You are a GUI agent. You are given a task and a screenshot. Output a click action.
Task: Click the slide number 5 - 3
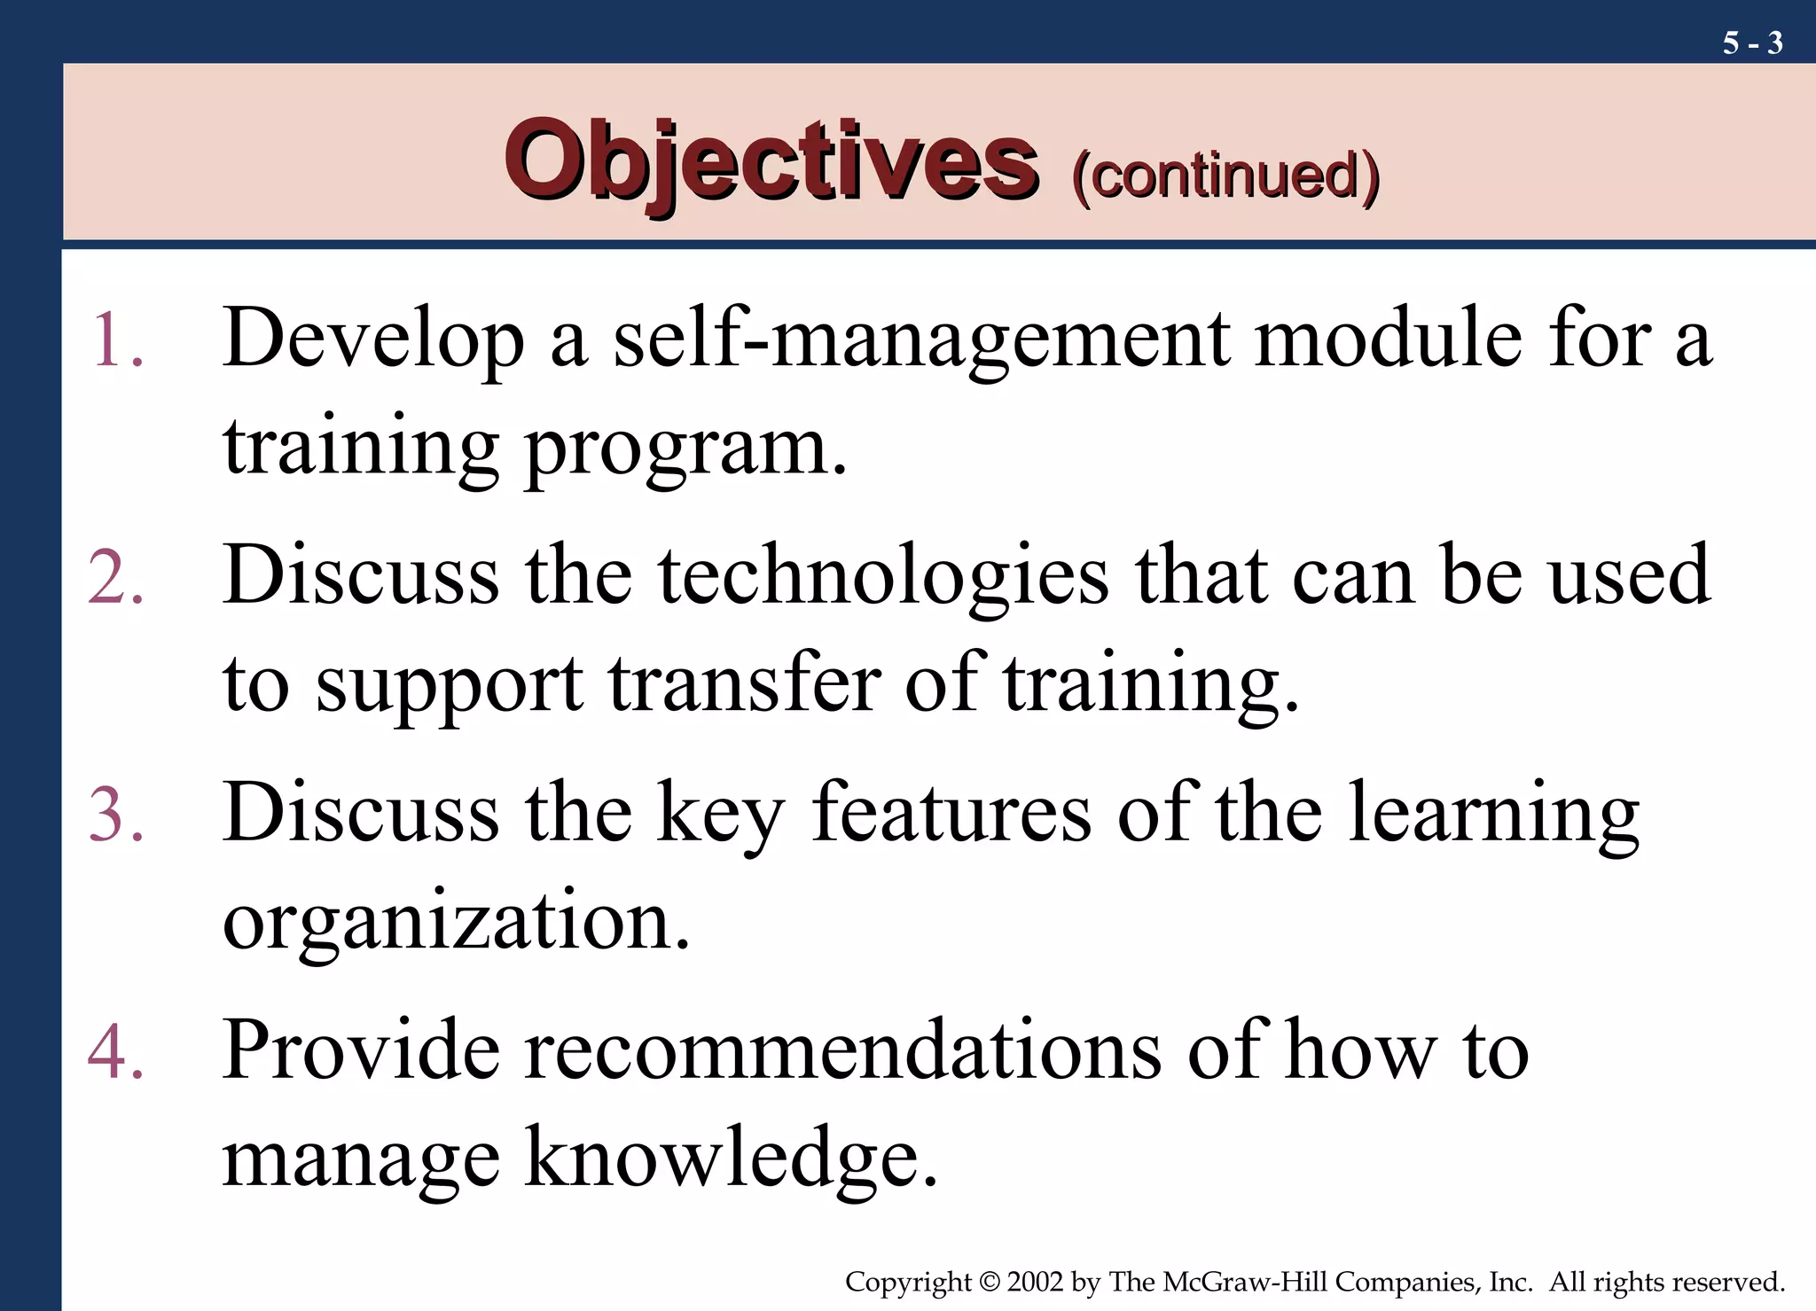point(1752,43)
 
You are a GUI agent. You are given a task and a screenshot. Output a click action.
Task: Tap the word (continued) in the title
point(1225,175)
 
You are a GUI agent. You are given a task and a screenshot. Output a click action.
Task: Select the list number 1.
point(116,339)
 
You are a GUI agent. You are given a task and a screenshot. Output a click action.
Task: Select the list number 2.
point(116,577)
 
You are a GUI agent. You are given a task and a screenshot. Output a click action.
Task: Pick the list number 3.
point(116,814)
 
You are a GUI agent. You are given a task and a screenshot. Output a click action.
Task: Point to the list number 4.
point(116,1051)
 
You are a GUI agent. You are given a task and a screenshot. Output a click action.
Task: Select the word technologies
point(883,577)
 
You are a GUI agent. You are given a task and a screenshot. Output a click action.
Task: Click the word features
point(951,814)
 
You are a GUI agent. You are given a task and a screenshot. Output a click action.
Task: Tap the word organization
point(456,922)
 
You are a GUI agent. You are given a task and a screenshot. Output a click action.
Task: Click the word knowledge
point(731,1159)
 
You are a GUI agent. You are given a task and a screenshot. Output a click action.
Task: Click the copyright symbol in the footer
point(990,1283)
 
